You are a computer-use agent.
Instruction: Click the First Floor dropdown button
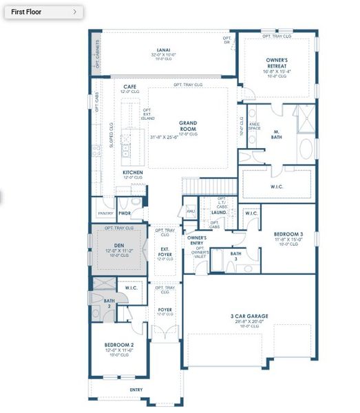[x=43, y=12]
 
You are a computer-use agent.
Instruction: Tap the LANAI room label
[x=162, y=52]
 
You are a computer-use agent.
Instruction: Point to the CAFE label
[x=129, y=87]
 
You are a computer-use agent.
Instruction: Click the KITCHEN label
[x=133, y=172]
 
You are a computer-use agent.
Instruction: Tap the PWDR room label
[x=125, y=204]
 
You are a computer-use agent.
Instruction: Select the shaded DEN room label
[x=119, y=245]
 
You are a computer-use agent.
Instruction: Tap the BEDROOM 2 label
[x=119, y=344]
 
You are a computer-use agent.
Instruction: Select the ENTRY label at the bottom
[x=136, y=390]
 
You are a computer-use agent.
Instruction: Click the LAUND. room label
[x=219, y=213]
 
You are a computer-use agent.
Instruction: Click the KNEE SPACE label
[x=253, y=127]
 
